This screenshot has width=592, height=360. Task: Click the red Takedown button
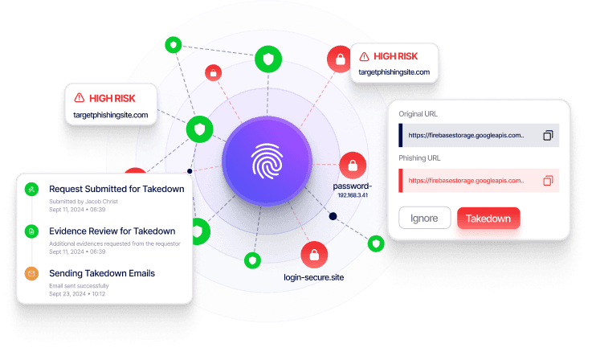click(488, 218)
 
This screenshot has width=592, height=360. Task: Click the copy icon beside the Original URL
click(548, 135)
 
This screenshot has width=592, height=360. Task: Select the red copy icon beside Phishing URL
click(548, 181)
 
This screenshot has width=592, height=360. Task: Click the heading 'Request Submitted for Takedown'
click(116, 189)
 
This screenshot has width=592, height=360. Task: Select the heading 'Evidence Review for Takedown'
click(112, 231)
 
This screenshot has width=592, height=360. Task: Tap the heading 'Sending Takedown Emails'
click(102, 273)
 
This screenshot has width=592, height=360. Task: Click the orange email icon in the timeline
click(31, 274)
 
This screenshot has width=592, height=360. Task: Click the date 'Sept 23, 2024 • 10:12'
click(77, 294)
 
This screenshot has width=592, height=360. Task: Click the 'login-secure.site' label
click(313, 277)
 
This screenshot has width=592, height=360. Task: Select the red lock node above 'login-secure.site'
click(314, 256)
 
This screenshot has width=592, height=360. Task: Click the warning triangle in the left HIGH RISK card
click(79, 98)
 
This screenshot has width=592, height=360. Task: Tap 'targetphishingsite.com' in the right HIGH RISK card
click(394, 72)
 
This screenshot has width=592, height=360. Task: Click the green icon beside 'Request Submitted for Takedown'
click(31, 190)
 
